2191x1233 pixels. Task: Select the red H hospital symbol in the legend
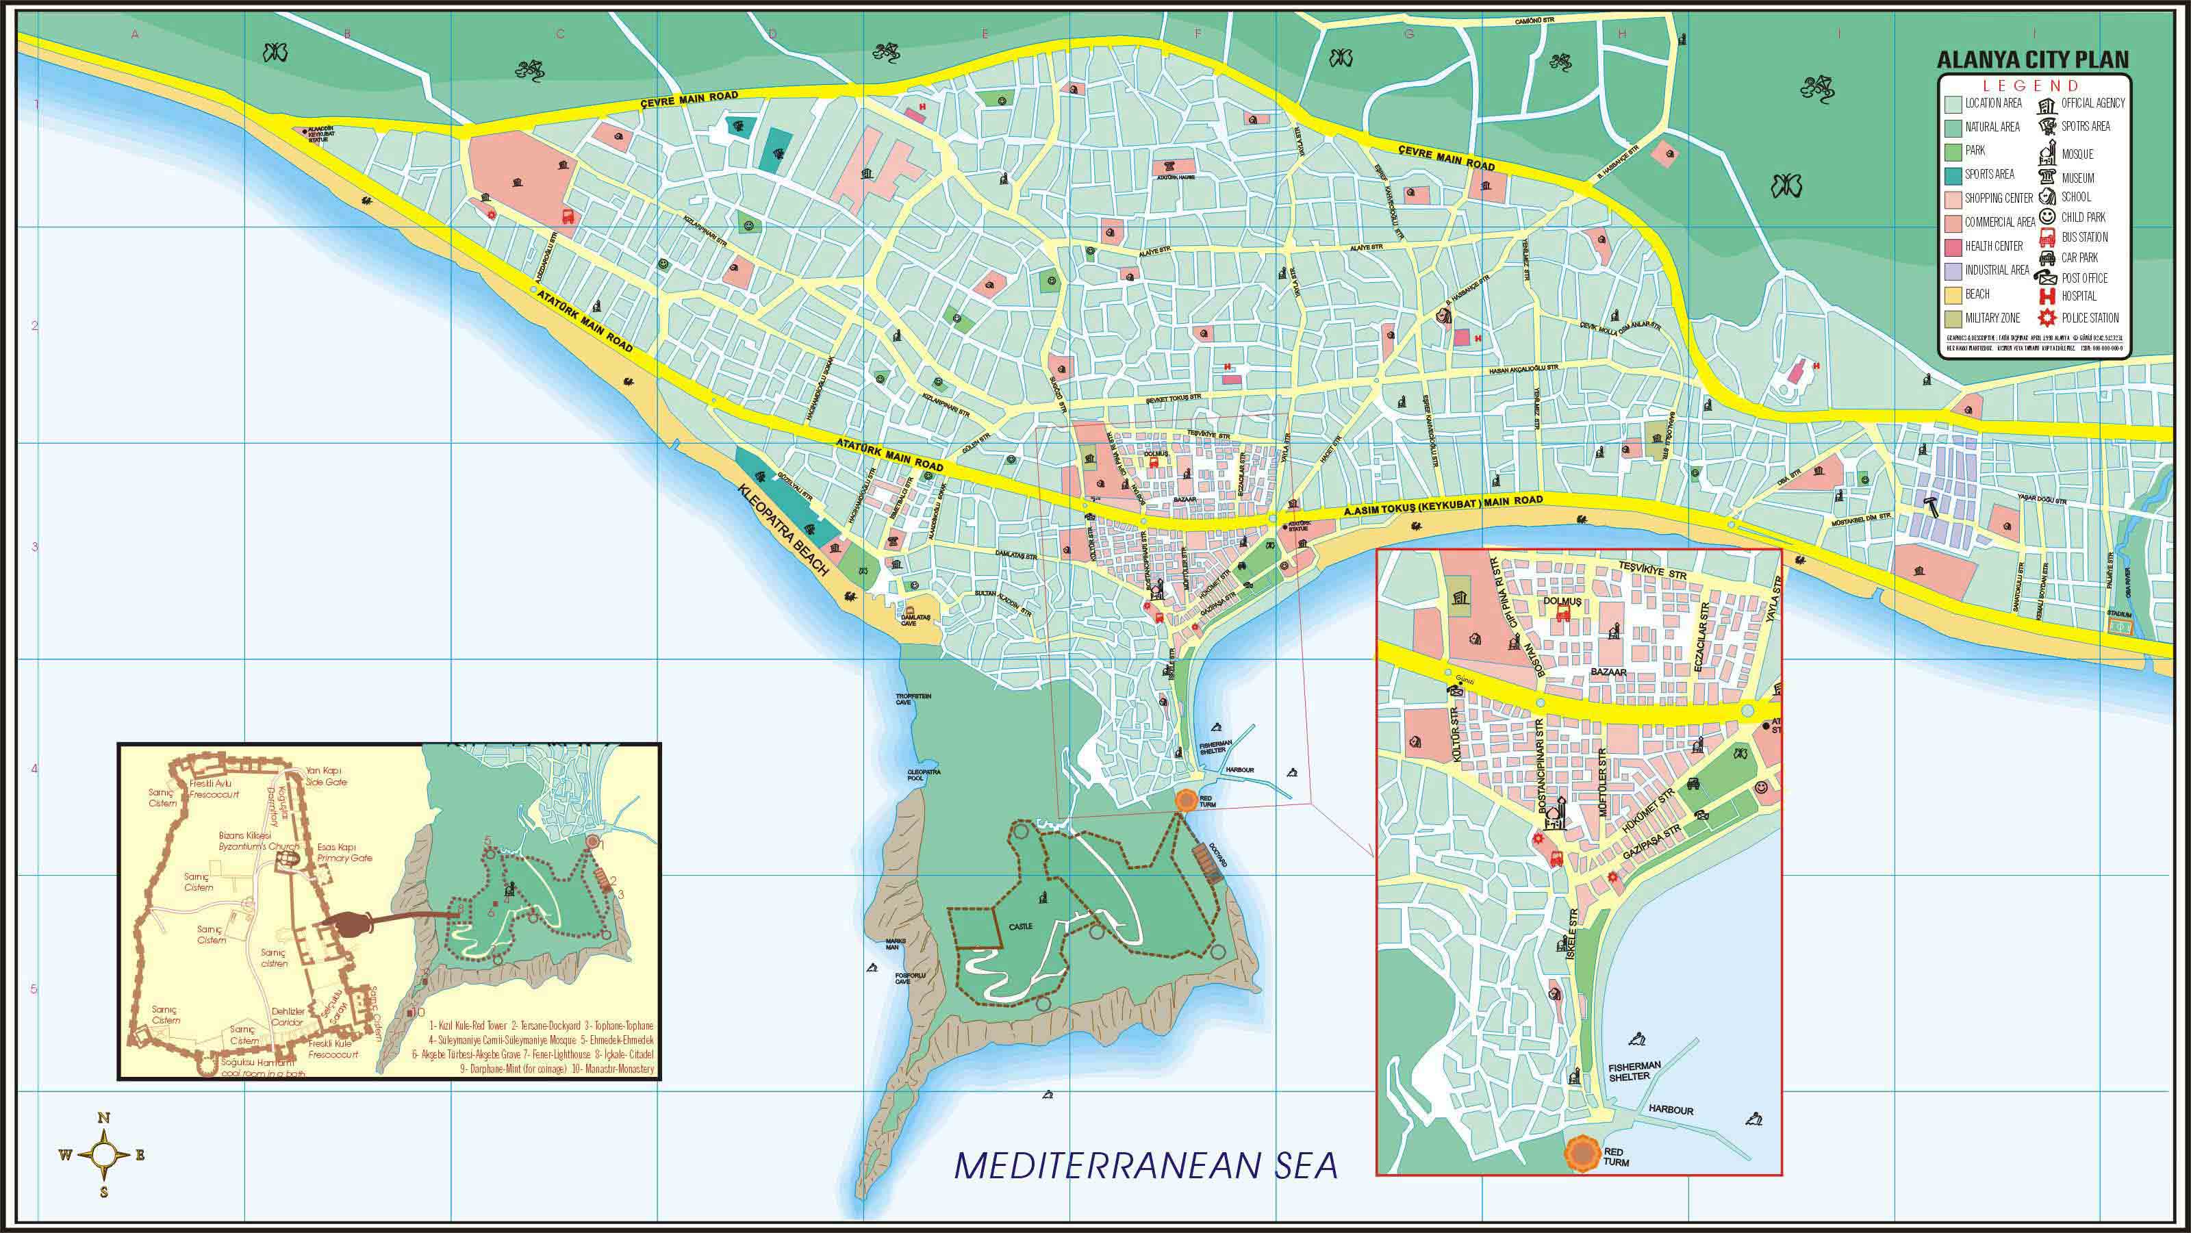[x=2047, y=296]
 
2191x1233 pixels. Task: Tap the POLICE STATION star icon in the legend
[x=2047, y=318]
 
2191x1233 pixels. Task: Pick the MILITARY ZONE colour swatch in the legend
[x=1952, y=318]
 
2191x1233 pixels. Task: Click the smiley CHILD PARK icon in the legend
[x=2047, y=217]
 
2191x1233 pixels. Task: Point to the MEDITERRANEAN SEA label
[x=1145, y=1165]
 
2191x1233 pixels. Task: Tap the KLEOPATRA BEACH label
[x=783, y=531]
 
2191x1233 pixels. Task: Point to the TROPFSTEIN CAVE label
[x=913, y=699]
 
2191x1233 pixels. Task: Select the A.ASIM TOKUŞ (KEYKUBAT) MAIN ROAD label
[x=1443, y=506]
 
